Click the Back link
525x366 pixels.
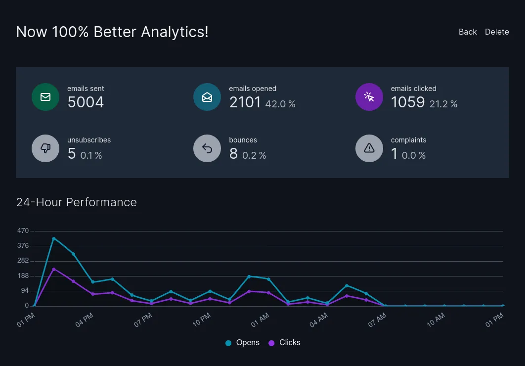click(x=467, y=32)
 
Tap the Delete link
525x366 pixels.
click(x=497, y=32)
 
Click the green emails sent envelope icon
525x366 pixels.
click(x=45, y=97)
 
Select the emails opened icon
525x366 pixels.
click(x=207, y=97)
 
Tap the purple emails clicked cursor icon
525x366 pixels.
click(x=369, y=97)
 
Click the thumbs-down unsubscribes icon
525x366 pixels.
click(x=45, y=148)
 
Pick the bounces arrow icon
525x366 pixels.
click(x=207, y=148)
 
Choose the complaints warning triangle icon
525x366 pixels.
click(x=369, y=148)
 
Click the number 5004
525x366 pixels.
click(x=86, y=102)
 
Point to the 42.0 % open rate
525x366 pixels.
click(x=280, y=104)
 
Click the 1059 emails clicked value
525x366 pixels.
click(x=408, y=102)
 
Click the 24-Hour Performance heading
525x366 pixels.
click(x=77, y=202)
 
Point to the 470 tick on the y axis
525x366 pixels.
click(x=23, y=231)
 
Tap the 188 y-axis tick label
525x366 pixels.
click(x=23, y=276)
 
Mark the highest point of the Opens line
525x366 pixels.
click(x=53, y=238)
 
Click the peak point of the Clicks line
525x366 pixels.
click(x=53, y=269)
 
